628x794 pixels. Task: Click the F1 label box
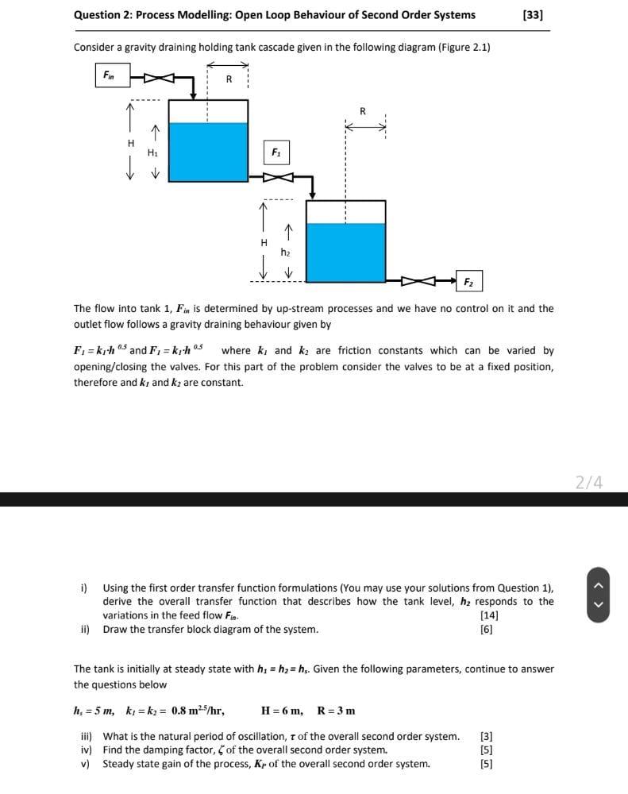click(275, 151)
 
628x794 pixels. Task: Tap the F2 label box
click(468, 281)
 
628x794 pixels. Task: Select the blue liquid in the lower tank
click(345, 252)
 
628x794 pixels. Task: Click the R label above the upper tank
click(229, 78)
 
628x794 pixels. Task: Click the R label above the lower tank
click(363, 111)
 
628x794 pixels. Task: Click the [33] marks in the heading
click(534, 14)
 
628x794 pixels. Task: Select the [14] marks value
click(489, 615)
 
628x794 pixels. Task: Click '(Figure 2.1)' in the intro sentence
click(464, 47)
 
